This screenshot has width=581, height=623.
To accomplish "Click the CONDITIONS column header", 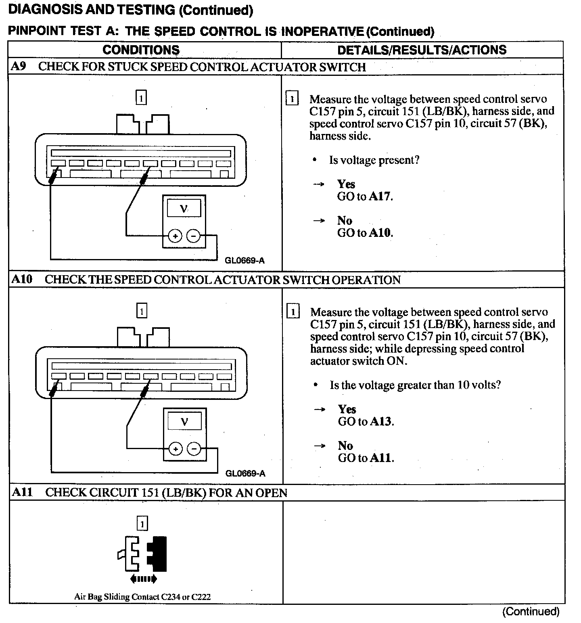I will tap(141, 50).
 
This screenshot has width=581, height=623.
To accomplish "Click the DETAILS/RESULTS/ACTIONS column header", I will tap(422, 50).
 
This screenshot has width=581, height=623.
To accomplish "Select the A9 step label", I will tap(19, 67).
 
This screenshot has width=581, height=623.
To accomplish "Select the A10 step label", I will tap(22, 279).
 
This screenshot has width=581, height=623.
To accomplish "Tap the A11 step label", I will tap(22, 492).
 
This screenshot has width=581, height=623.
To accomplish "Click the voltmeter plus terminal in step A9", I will tap(175, 236).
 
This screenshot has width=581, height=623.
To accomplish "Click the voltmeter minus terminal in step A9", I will tap(194, 236).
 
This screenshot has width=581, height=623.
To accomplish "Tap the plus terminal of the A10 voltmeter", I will tap(176, 449).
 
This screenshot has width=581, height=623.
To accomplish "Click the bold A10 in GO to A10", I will tap(380, 233).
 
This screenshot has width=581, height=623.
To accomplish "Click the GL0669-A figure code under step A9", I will tap(245, 261).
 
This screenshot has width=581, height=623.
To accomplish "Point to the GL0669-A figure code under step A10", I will tap(245, 474).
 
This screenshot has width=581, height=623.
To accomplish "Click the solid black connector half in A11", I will tap(159, 554).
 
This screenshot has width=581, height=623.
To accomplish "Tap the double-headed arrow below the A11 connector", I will tap(143, 579).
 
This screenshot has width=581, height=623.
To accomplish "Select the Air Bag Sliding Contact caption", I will tap(142, 597).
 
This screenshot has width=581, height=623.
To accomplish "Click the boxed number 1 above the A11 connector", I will tap(142, 524).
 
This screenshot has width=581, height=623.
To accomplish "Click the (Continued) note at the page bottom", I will tap(531, 612).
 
